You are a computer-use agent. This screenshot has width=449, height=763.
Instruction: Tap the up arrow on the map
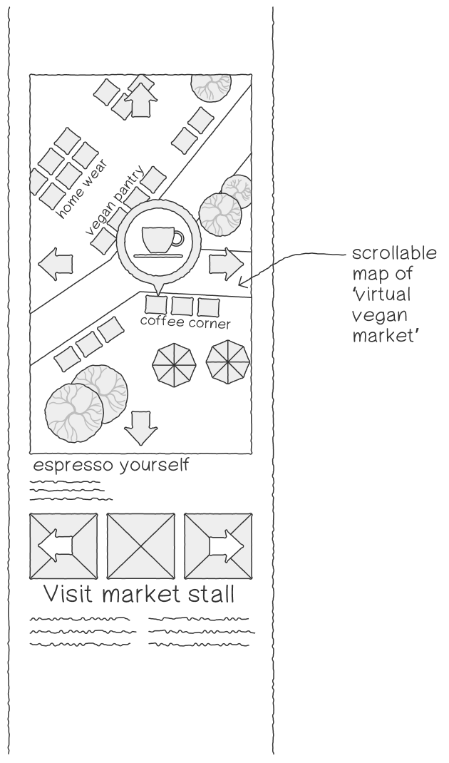point(140,100)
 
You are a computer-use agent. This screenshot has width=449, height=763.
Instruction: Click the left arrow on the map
point(55,264)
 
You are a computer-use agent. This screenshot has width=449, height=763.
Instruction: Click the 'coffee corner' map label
point(185,322)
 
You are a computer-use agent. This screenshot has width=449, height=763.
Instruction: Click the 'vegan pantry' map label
point(115,200)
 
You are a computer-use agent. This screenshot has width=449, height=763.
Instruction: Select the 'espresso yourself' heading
point(110,465)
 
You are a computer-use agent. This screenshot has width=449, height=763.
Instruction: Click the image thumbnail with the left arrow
point(63,546)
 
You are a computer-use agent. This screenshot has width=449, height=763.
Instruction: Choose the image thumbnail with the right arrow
point(218,546)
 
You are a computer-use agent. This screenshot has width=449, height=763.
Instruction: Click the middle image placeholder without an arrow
point(140,546)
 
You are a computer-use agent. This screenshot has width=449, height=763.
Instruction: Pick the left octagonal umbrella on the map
point(174,365)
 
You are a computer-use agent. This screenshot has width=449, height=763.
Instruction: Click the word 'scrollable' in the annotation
point(394,254)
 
